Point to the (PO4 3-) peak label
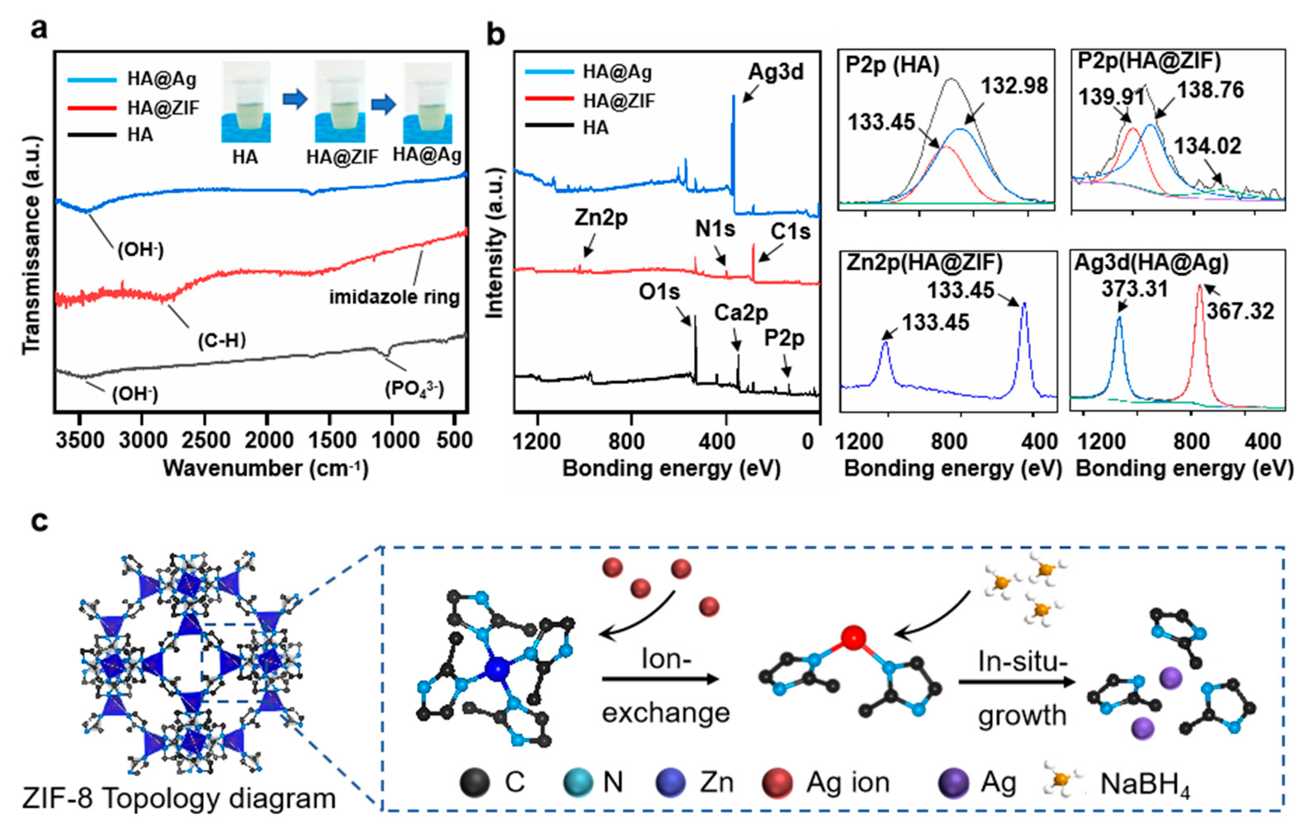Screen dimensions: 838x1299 (415, 388)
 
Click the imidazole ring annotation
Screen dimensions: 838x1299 (395, 297)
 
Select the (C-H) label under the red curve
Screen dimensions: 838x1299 (221, 341)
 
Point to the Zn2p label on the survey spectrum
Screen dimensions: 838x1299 (601, 218)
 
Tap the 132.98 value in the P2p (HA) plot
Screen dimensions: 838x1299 (1014, 86)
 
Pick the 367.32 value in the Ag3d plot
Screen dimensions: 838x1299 (1240, 311)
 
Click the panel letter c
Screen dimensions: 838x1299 (39, 521)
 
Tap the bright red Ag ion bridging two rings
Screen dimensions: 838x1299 (853, 638)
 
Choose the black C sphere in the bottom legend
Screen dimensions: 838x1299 (474, 783)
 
